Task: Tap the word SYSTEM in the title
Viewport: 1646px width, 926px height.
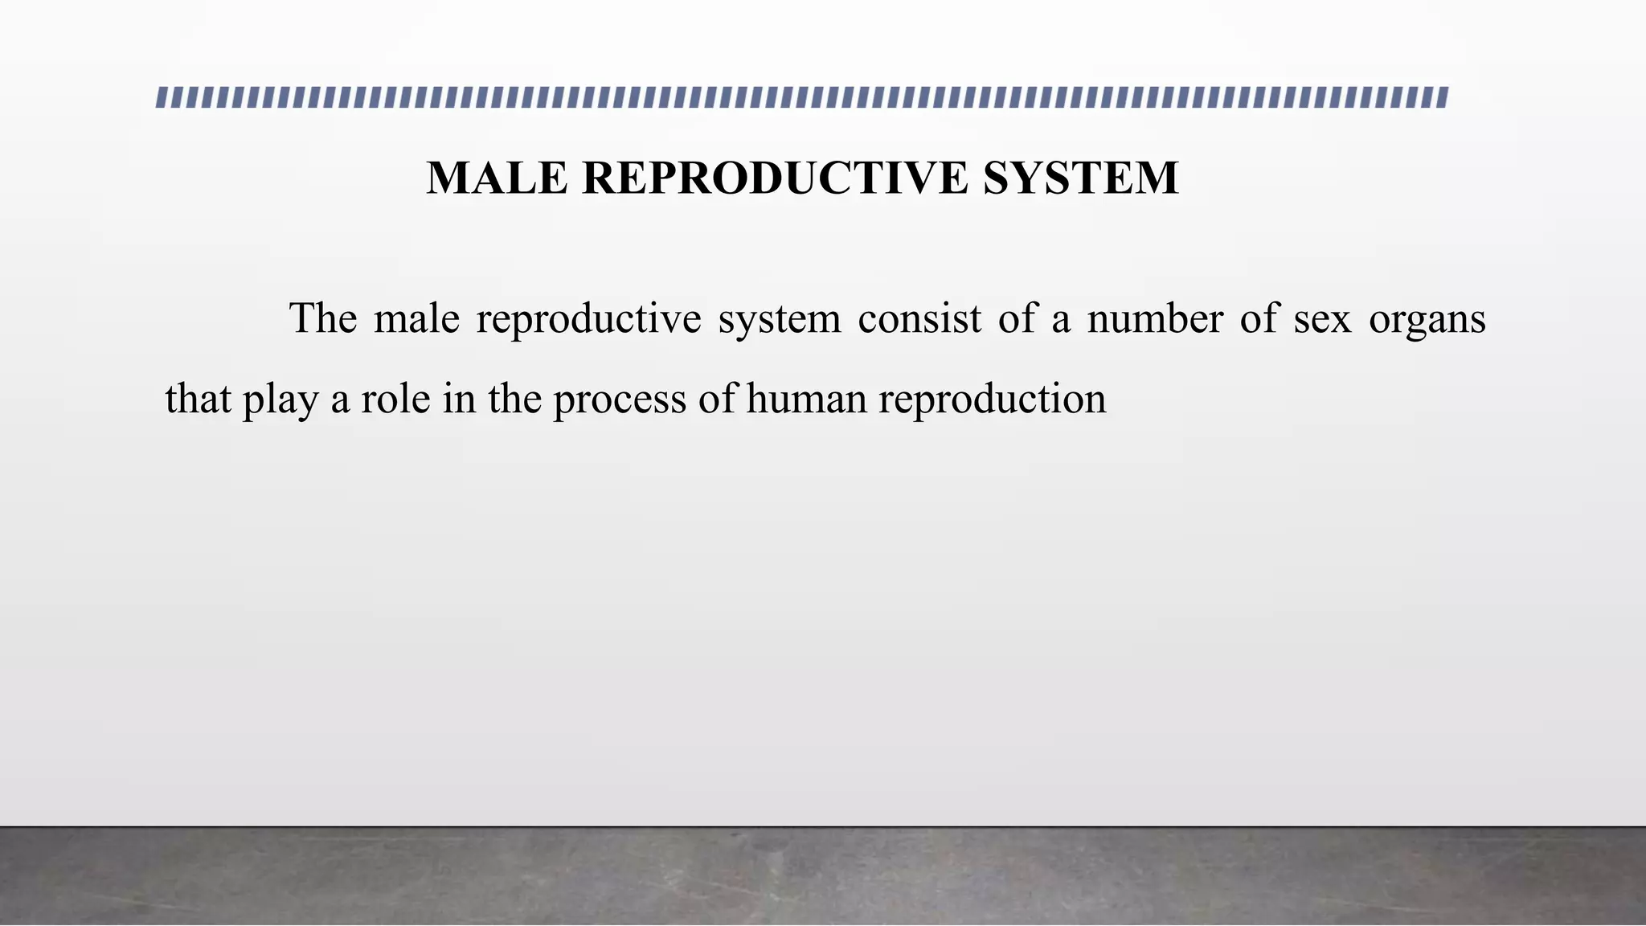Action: (x=1080, y=178)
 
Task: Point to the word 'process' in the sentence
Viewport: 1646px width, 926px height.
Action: (x=619, y=399)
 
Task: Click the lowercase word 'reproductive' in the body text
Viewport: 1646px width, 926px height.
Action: (x=588, y=319)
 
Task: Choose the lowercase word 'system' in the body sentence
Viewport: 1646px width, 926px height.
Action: (x=779, y=319)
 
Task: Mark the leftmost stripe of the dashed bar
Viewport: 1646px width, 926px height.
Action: (x=162, y=97)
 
